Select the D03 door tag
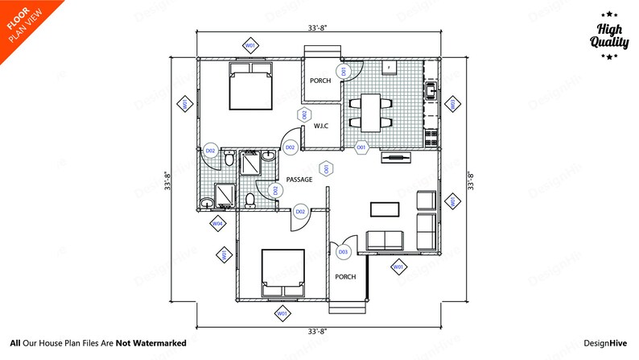click(x=343, y=252)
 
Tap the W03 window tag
click(x=452, y=104)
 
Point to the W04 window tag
click(x=216, y=223)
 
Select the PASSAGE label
click(x=300, y=180)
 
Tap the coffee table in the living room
click(x=384, y=209)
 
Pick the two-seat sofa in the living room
click(x=385, y=239)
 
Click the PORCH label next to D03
click(x=345, y=277)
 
